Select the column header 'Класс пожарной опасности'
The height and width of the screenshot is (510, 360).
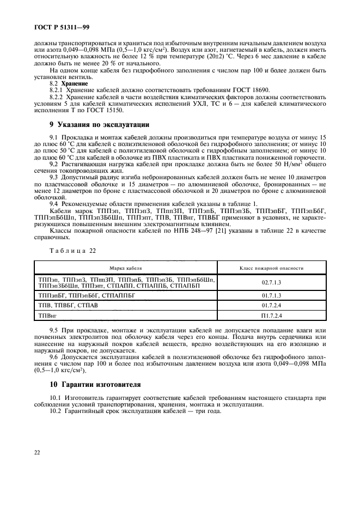pyautogui.click(x=271, y=268)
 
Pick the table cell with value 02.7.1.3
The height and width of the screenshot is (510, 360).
pyautogui.click(x=271, y=282)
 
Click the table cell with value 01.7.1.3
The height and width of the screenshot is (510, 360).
pyautogui.click(x=271, y=295)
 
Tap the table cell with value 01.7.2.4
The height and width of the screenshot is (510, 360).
pyautogui.click(x=271, y=306)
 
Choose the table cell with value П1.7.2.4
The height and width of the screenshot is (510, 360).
pyautogui.click(x=271, y=316)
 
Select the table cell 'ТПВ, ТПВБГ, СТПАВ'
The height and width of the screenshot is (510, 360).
pyautogui.click(x=68, y=306)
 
